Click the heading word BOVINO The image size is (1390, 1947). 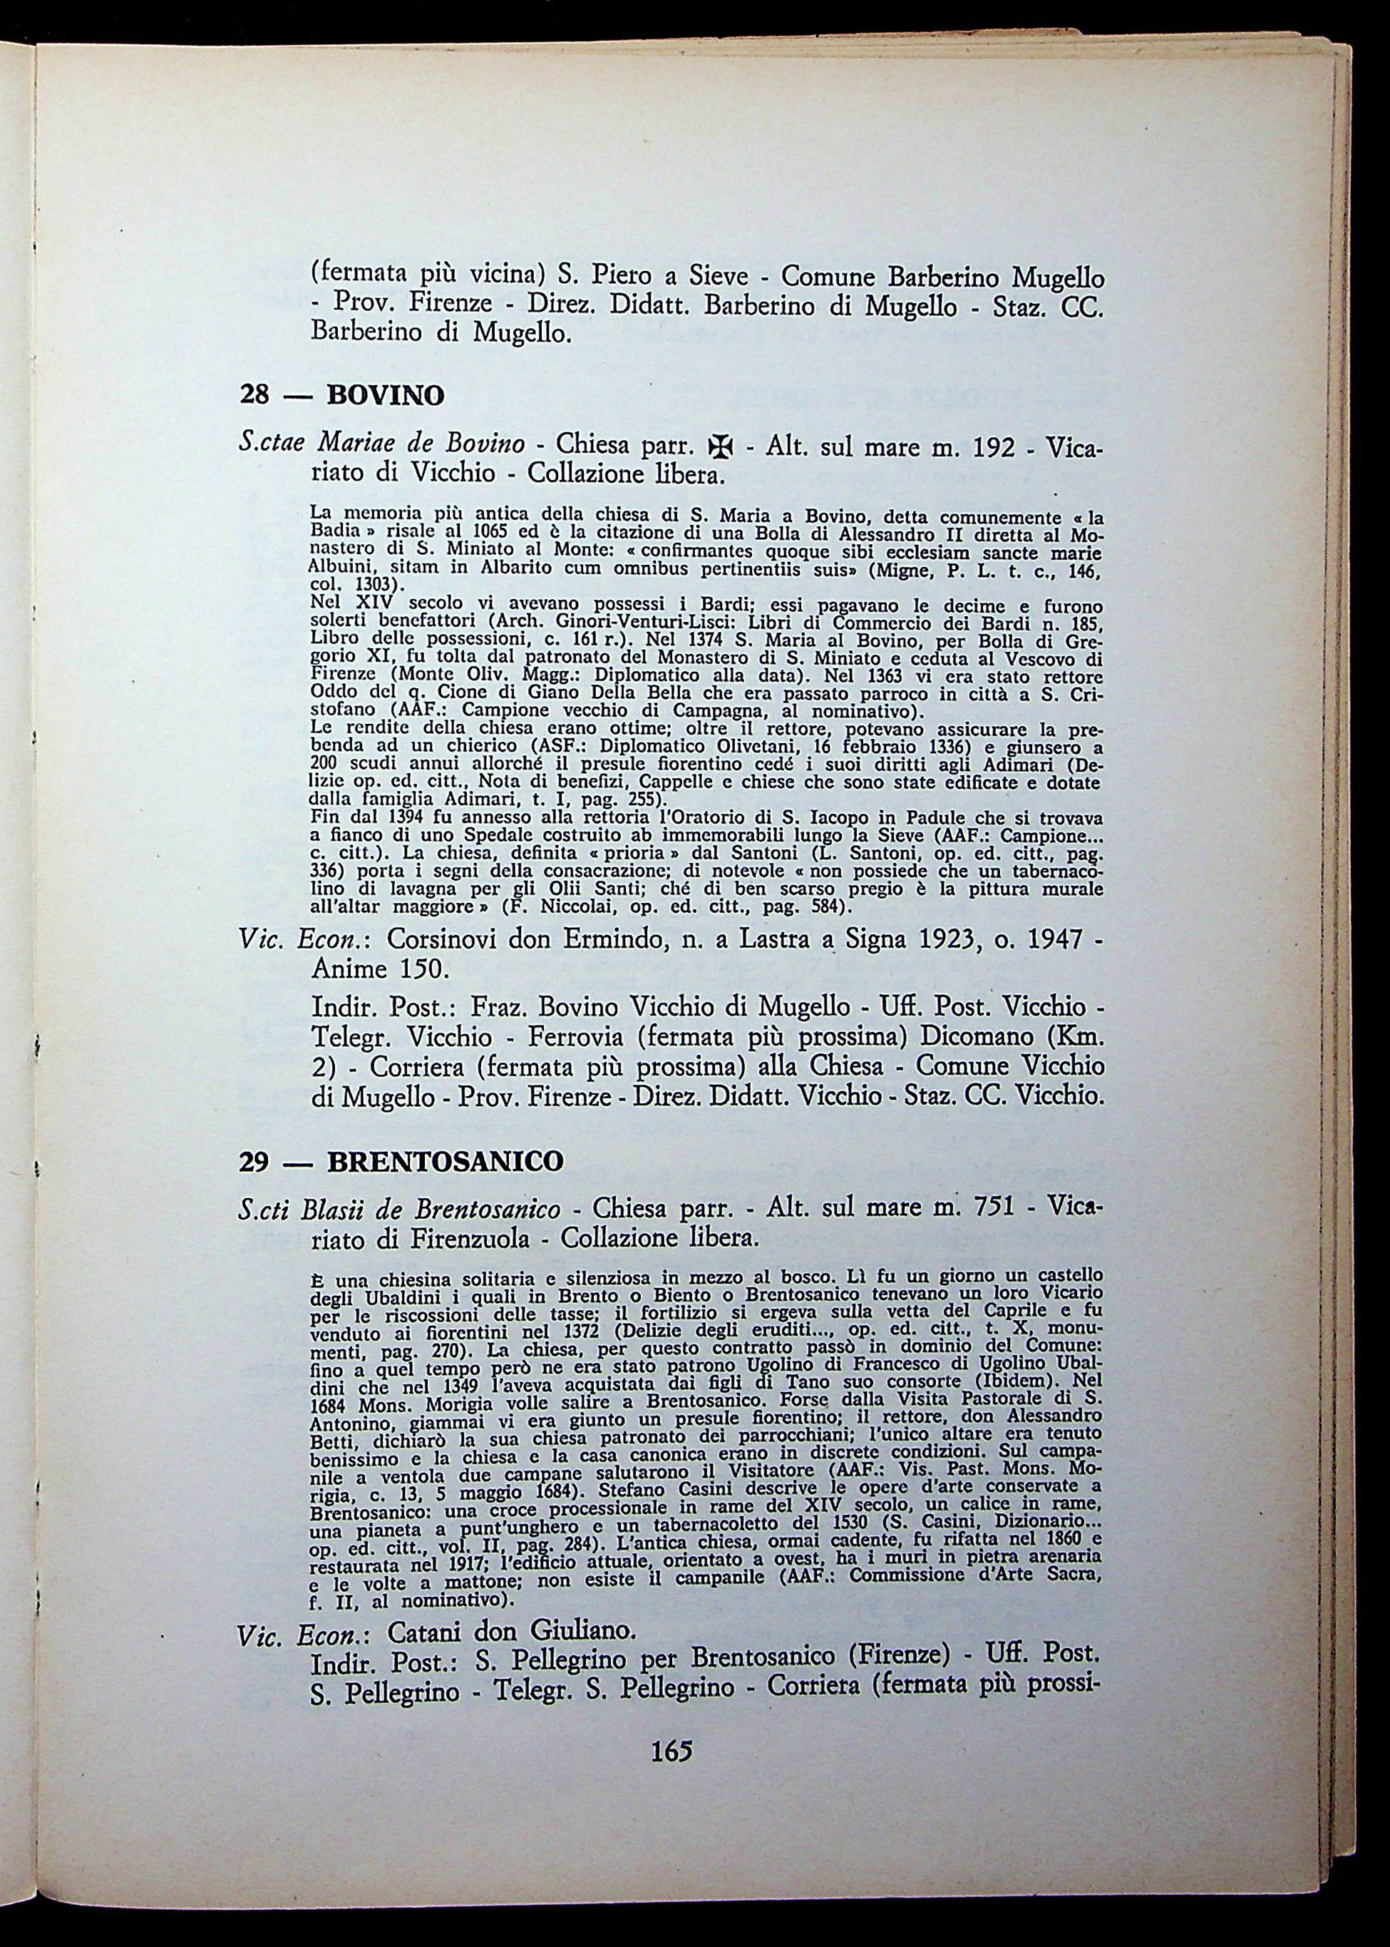(x=386, y=396)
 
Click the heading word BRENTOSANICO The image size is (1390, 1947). (x=446, y=1161)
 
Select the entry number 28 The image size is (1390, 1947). (x=255, y=396)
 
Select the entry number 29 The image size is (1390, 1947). (x=255, y=1161)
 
